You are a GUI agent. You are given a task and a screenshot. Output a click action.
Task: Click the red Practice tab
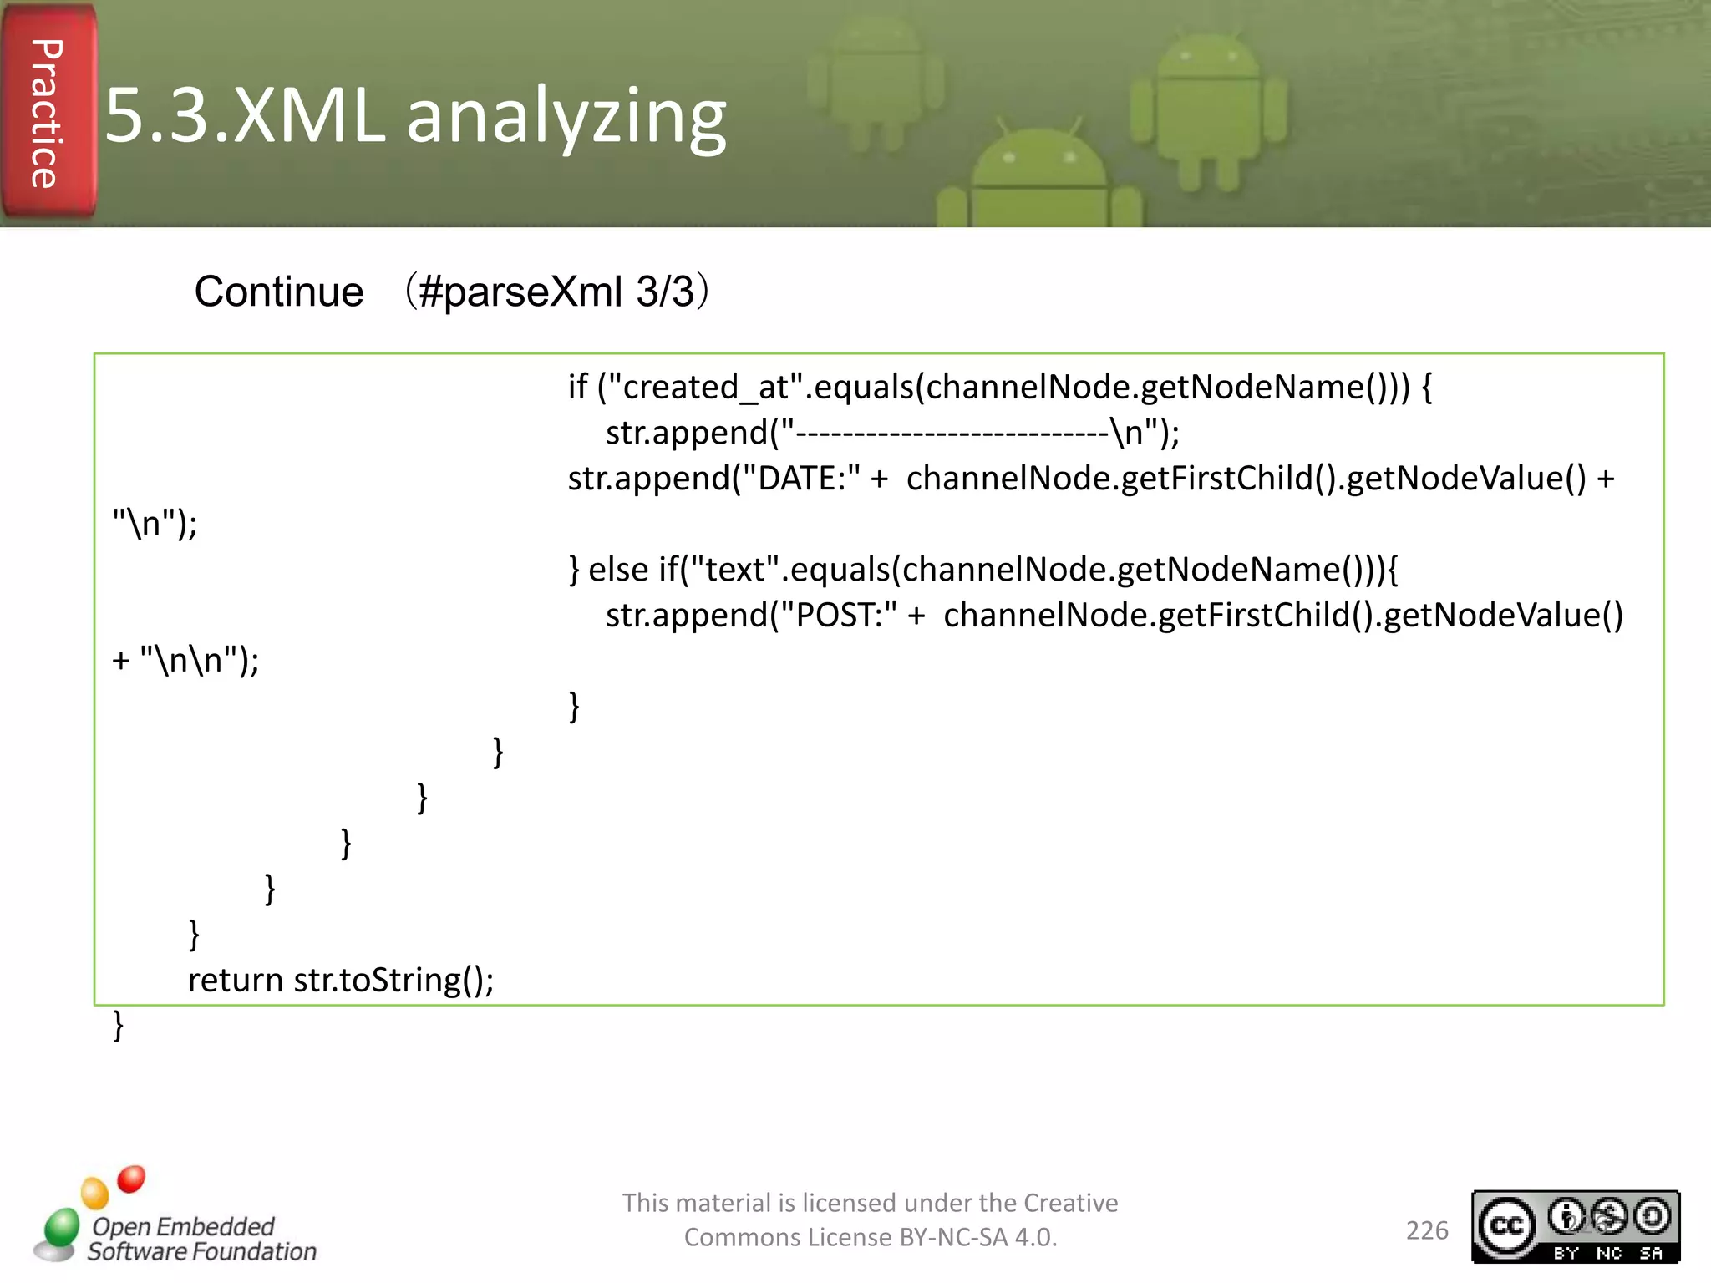tap(48, 113)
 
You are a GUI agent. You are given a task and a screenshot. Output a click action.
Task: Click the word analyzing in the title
tap(566, 117)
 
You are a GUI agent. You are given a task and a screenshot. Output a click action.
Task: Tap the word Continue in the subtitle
tap(279, 292)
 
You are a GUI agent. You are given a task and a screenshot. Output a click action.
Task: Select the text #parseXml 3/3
tap(556, 292)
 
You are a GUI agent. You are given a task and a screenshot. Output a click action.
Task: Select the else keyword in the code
tap(618, 570)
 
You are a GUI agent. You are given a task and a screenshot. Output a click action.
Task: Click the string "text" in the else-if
tap(734, 570)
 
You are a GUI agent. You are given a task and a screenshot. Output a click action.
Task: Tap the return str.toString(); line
tap(341, 980)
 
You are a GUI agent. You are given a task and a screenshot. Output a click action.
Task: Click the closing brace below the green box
tap(119, 1025)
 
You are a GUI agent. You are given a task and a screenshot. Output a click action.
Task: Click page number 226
tap(1426, 1230)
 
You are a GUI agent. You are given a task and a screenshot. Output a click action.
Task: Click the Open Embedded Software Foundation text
tap(201, 1239)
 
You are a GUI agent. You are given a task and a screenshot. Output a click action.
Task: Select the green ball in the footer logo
tap(62, 1227)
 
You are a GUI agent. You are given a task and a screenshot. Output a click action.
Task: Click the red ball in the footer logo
tap(131, 1179)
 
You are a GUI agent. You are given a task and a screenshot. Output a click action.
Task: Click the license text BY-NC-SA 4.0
tap(977, 1237)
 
